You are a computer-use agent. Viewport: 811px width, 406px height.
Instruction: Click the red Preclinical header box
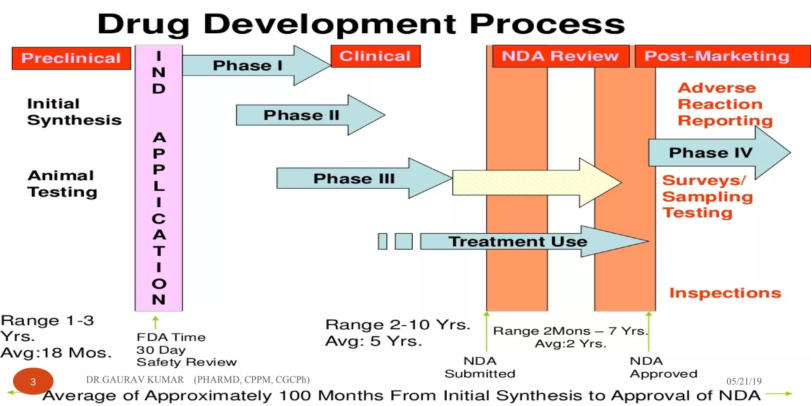pyautogui.click(x=71, y=58)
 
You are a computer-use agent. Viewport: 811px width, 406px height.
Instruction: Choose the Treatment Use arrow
pyautogui.click(x=519, y=241)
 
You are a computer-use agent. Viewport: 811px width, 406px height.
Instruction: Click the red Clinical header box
pyautogui.click(x=375, y=56)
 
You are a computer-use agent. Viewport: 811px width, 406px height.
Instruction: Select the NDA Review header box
pyautogui.click(x=560, y=56)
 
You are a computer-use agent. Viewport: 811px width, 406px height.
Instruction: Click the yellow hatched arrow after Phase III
pyautogui.click(x=531, y=182)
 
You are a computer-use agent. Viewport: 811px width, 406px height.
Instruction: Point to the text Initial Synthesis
pyautogui.click(x=74, y=112)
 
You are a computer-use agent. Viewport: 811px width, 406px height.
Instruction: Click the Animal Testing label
pyautogui.click(x=62, y=184)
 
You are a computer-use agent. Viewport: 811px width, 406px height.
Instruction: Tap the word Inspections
pyautogui.click(x=725, y=293)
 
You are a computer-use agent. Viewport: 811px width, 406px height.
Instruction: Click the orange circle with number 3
pyautogui.click(x=33, y=381)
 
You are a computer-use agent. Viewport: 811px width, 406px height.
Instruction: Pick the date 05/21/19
pyautogui.click(x=744, y=381)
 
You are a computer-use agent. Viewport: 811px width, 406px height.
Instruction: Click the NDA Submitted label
pyautogui.click(x=480, y=367)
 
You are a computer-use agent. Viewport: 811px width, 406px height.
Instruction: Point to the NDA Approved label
pyautogui.click(x=663, y=367)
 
